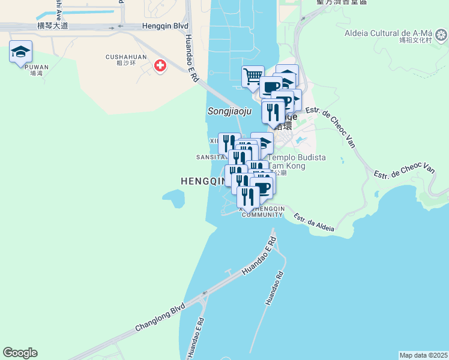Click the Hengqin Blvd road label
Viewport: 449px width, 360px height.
pos(165,26)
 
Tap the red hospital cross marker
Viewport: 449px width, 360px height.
pos(160,65)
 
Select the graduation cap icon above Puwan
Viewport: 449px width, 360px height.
pos(20,52)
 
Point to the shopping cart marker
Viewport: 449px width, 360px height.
pos(253,77)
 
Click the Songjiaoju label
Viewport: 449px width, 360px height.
pos(227,111)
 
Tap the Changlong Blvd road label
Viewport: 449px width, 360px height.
pos(160,318)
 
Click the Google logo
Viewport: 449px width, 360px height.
pos(20,353)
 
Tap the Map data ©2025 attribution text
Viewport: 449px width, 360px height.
pos(423,355)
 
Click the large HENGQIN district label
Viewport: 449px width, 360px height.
pos(203,181)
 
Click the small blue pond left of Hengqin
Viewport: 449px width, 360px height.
pos(173,197)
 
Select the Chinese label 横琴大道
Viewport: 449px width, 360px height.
pos(53,26)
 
